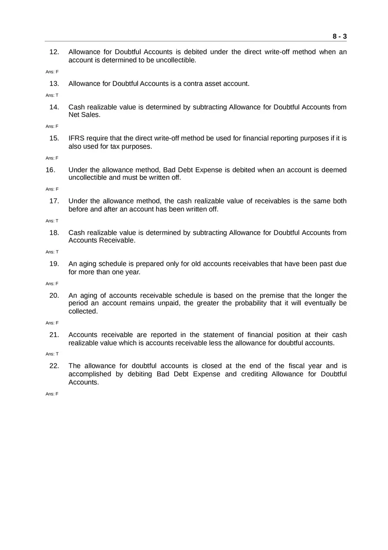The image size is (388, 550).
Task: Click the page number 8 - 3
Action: pos(339,37)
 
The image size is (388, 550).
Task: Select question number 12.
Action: pos(54,52)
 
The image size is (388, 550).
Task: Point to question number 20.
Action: pos(54,296)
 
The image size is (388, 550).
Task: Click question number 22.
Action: pos(54,366)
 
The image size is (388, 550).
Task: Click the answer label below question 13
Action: pos(52,95)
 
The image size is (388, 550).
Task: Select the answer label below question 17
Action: pos(52,221)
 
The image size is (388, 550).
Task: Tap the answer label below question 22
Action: pos(52,394)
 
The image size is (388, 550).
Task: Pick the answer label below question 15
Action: pos(52,158)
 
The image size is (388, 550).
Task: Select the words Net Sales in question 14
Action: pos(84,115)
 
